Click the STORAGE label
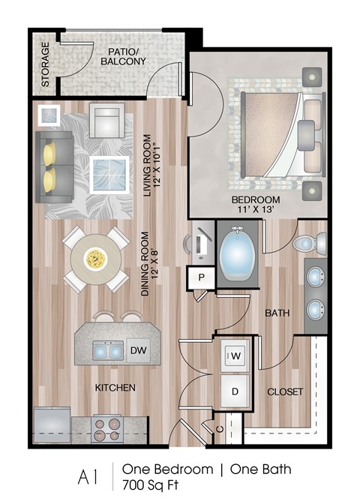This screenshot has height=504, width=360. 45,64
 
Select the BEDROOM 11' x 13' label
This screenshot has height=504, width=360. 255,205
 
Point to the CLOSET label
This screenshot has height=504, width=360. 285,391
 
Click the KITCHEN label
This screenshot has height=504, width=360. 115,388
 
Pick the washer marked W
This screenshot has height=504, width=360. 234,354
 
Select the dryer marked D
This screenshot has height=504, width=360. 234,391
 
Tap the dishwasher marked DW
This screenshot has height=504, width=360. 137,350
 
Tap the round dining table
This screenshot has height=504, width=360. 94,259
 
